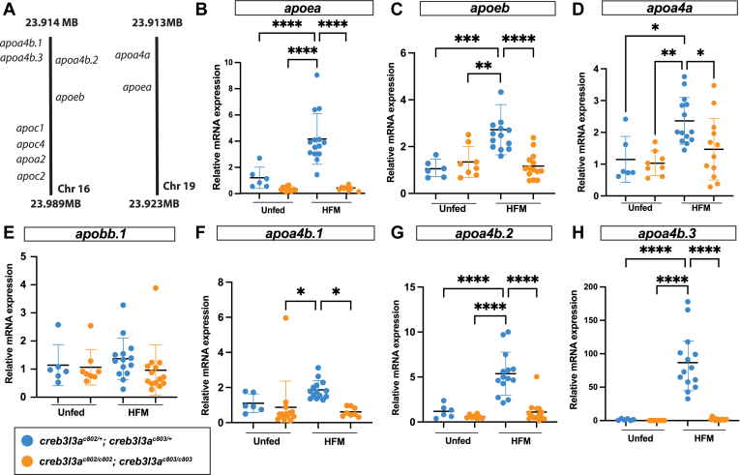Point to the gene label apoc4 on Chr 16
[31, 143]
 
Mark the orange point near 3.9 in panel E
[155, 288]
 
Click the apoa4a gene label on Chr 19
[132, 55]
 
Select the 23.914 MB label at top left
[51, 21]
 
